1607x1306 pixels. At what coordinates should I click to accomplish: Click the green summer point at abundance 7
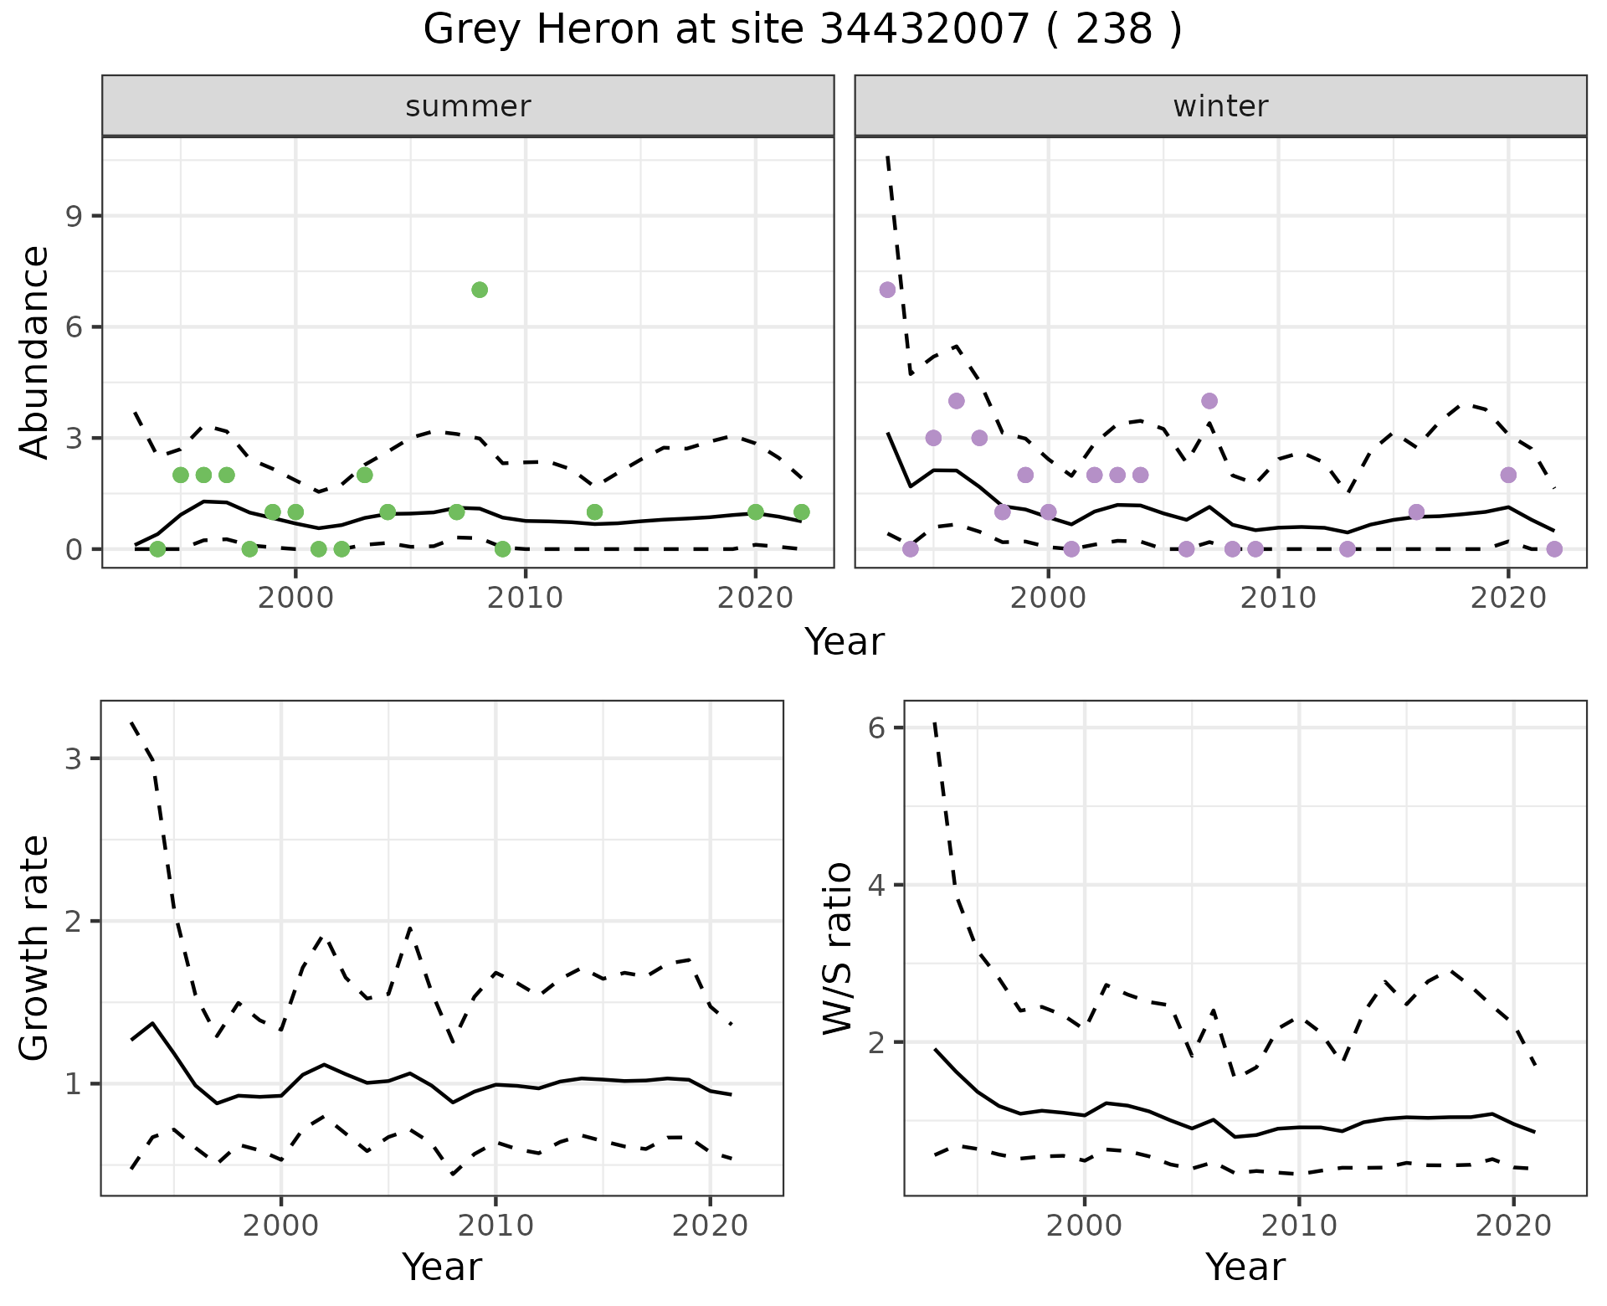(x=480, y=290)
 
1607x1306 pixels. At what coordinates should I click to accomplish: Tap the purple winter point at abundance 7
(x=887, y=290)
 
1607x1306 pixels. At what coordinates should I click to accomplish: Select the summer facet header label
(x=468, y=106)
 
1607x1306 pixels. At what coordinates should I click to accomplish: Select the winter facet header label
(x=1220, y=106)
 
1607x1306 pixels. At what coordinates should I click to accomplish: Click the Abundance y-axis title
(x=35, y=352)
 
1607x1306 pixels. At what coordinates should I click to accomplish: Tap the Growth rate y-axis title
(x=35, y=948)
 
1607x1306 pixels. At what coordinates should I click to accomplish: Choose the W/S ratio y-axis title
(x=838, y=948)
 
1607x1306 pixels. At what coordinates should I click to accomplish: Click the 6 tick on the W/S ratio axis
(x=876, y=728)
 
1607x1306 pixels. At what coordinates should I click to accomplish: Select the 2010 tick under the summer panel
(x=525, y=599)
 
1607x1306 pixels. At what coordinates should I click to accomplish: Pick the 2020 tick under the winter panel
(x=1508, y=599)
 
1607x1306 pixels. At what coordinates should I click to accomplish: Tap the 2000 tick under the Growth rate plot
(x=281, y=1226)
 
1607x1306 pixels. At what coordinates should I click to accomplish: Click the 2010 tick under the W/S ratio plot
(x=1298, y=1226)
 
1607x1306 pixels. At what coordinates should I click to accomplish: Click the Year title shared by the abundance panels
(x=844, y=642)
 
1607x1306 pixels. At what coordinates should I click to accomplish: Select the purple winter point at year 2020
(x=1508, y=475)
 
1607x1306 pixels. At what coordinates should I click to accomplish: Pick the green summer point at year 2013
(x=594, y=512)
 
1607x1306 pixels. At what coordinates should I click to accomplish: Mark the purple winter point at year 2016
(x=1416, y=512)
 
